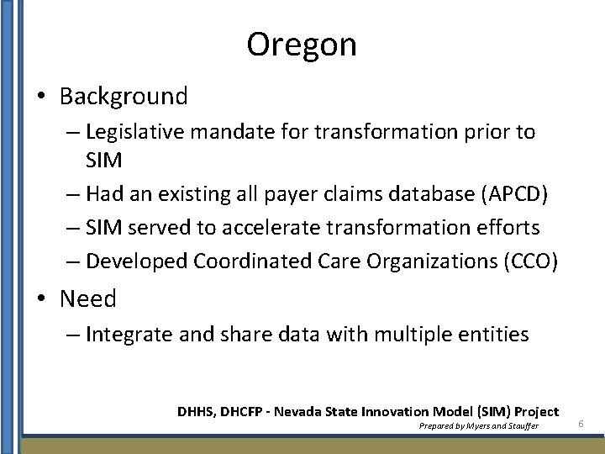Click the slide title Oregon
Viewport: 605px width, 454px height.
click(x=302, y=45)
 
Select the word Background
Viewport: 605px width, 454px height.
click(x=124, y=97)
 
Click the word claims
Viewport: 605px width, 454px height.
click(x=332, y=194)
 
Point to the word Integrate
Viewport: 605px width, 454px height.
click(x=128, y=335)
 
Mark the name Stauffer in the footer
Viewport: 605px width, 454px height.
click(x=521, y=426)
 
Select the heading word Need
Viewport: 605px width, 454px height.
click(x=88, y=299)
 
